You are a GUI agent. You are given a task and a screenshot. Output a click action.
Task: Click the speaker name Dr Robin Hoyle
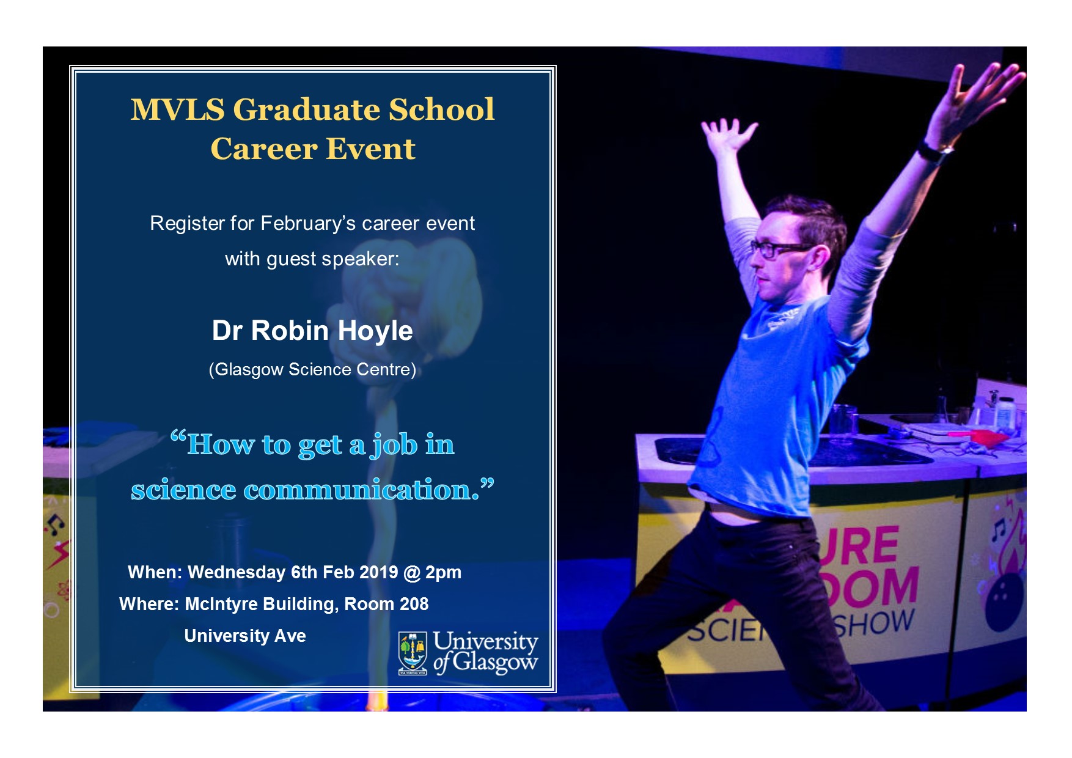pos(312,331)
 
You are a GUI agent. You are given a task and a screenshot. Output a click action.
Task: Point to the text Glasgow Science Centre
pos(312,370)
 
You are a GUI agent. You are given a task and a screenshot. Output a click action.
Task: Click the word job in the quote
pos(395,446)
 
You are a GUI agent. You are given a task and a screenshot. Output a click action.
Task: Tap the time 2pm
pos(443,573)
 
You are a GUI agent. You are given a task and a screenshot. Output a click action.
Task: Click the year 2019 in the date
pos(378,572)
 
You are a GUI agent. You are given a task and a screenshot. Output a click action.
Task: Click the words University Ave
pos(245,636)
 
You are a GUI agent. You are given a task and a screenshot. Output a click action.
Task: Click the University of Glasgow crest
pos(413,653)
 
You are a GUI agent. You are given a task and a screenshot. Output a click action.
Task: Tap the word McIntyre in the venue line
pos(221,605)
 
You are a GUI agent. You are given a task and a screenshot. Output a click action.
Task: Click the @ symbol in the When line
pos(412,573)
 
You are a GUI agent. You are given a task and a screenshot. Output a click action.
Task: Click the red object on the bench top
pos(985,436)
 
